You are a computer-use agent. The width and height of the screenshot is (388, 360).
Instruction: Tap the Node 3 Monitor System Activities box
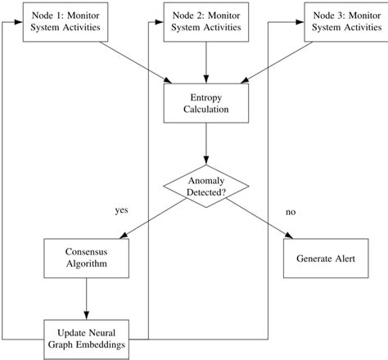[x=345, y=22]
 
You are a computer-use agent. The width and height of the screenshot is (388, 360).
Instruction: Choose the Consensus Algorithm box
[x=86, y=259]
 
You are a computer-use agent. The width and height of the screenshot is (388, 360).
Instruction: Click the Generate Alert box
[x=325, y=259]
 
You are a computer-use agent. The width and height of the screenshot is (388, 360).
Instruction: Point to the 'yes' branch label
[x=123, y=210]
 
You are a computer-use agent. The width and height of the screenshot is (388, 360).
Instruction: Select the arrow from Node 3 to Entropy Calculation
[x=286, y=61]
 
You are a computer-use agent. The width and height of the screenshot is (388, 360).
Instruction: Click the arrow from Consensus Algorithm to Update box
[x=86, y=298]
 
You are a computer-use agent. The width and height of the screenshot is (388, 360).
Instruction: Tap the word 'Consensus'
[x=86, y=252]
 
